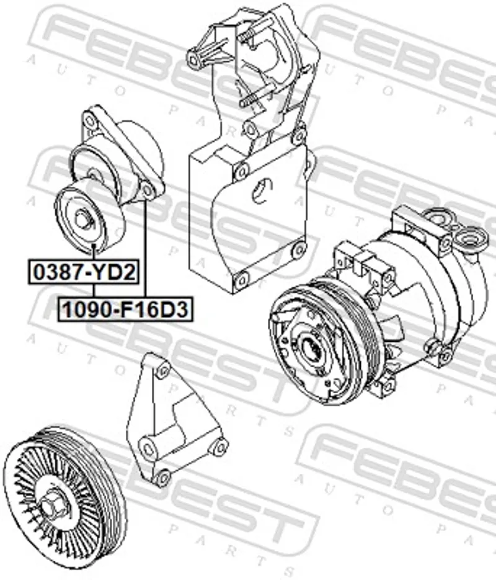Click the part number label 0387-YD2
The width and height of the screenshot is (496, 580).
(84, 272)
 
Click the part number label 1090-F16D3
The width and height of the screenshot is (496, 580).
(125, 309)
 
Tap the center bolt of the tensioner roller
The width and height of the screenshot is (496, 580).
(82, 220)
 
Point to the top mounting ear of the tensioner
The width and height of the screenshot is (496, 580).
(89, 119)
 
